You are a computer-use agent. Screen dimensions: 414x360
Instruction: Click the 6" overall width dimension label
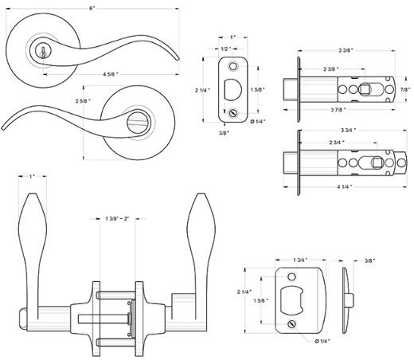click(x=92, y=8)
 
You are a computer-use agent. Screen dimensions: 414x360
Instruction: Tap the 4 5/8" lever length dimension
click(x=111, y=74)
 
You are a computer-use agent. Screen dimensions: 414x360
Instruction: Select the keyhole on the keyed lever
click(x=42, y=52)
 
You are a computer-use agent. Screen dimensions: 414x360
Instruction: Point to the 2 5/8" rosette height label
click(x=83, y=101)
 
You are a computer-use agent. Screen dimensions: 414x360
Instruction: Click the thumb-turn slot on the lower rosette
click(x=138, y=122)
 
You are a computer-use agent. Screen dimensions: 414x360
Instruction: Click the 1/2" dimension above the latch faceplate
click(x=225, y=49)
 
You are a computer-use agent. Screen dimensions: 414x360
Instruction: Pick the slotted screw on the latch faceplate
click(x=232, y=113)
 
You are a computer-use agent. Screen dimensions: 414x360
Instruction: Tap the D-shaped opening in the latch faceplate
click(x=232, y=89)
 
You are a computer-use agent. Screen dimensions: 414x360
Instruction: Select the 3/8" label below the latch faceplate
click(x=225, y=133)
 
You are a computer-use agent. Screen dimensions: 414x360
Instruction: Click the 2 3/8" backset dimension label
click(x=331, y=69)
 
